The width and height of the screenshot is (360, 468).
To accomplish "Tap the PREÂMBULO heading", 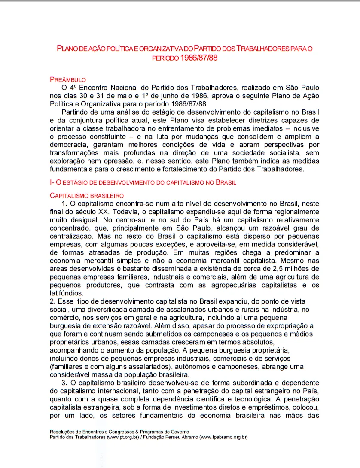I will (x=68, y=79).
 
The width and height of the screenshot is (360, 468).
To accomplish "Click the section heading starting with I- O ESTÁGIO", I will (x=143, y=182).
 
